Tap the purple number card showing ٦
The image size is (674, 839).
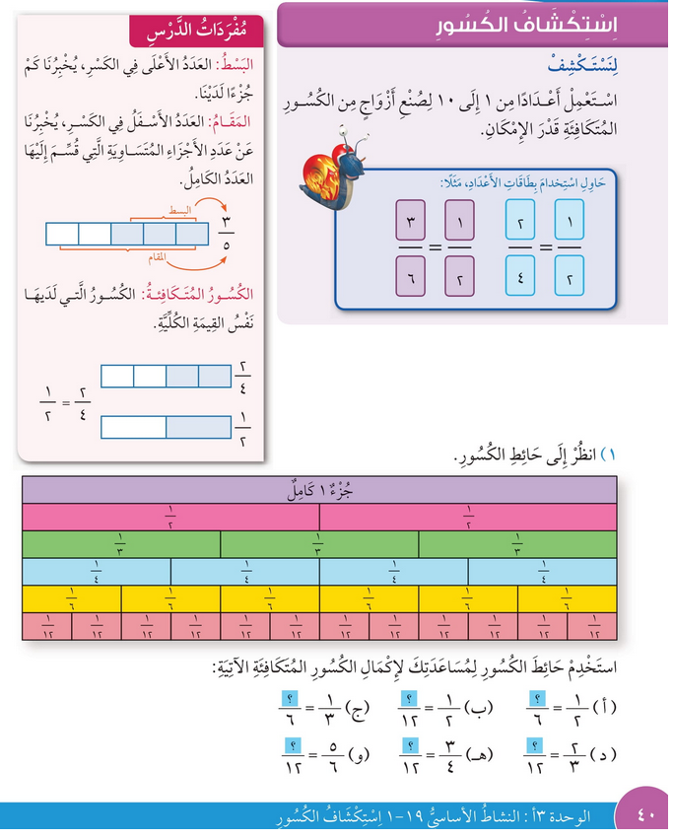click(409, 274)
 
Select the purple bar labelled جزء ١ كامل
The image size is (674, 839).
click(319, 490)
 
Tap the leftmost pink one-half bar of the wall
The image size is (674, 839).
click(170, 517)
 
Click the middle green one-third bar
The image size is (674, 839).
click(319, 544)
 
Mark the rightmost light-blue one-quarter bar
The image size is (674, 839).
click(543, 571)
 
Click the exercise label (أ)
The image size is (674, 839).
click(608, 708)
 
